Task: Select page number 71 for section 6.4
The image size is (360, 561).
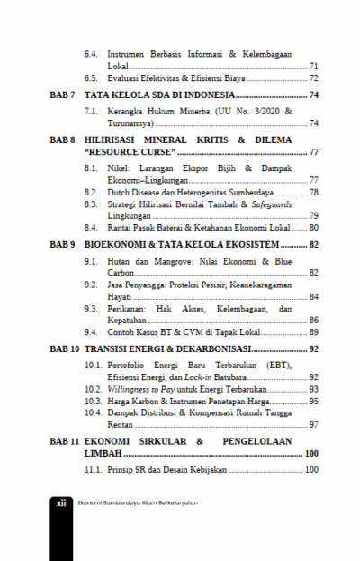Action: tap(313, 66)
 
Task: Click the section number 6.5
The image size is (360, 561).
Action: tap(91, 78)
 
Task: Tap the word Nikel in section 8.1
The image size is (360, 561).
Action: tap(120, 168)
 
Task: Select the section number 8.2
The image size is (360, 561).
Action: tap(91, 192)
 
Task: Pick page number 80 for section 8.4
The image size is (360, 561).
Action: tap(313, 228)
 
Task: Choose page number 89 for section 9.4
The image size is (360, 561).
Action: tap(313, 330)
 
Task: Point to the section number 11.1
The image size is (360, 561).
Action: tap(93, 470)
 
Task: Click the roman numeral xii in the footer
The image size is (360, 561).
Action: tap(61, 503)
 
